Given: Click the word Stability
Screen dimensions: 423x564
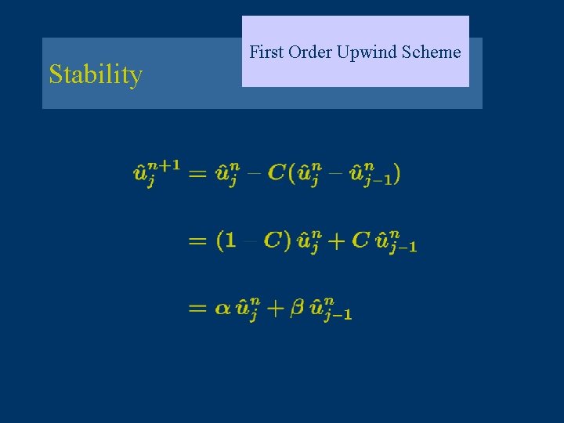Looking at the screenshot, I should pos(96,75).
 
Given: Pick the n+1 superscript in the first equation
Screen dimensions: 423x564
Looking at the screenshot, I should pos(165,164).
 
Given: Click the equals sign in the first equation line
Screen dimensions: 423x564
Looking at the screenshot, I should pos(198,173).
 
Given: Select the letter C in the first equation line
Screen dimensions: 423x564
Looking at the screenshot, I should pos(277,172).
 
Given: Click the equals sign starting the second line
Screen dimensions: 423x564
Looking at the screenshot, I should pos(198,241).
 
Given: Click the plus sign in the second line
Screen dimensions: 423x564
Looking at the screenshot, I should pos(335,241).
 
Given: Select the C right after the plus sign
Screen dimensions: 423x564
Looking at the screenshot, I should pos(360,241).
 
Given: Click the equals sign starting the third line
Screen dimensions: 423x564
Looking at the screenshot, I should pos(198,309).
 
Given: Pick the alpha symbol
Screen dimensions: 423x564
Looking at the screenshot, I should pos(222,309).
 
